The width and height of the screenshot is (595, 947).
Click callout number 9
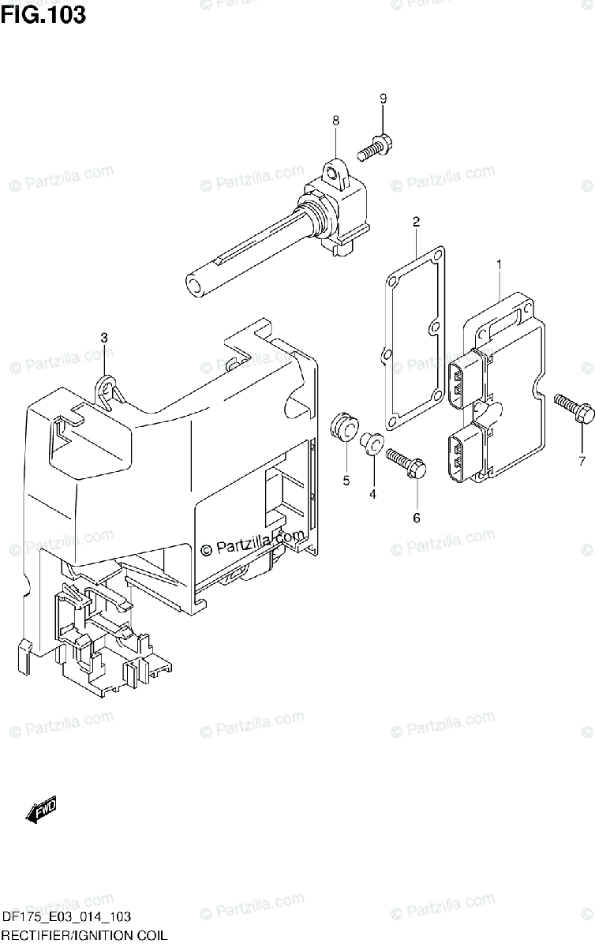(383, 99)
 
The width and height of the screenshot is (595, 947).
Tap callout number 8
(335, 121)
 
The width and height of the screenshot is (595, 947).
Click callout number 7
(582, 460)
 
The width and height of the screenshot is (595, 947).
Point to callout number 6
(417, 518)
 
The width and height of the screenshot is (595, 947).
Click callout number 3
(104, 338)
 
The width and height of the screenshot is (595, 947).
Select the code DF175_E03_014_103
(66, 919)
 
